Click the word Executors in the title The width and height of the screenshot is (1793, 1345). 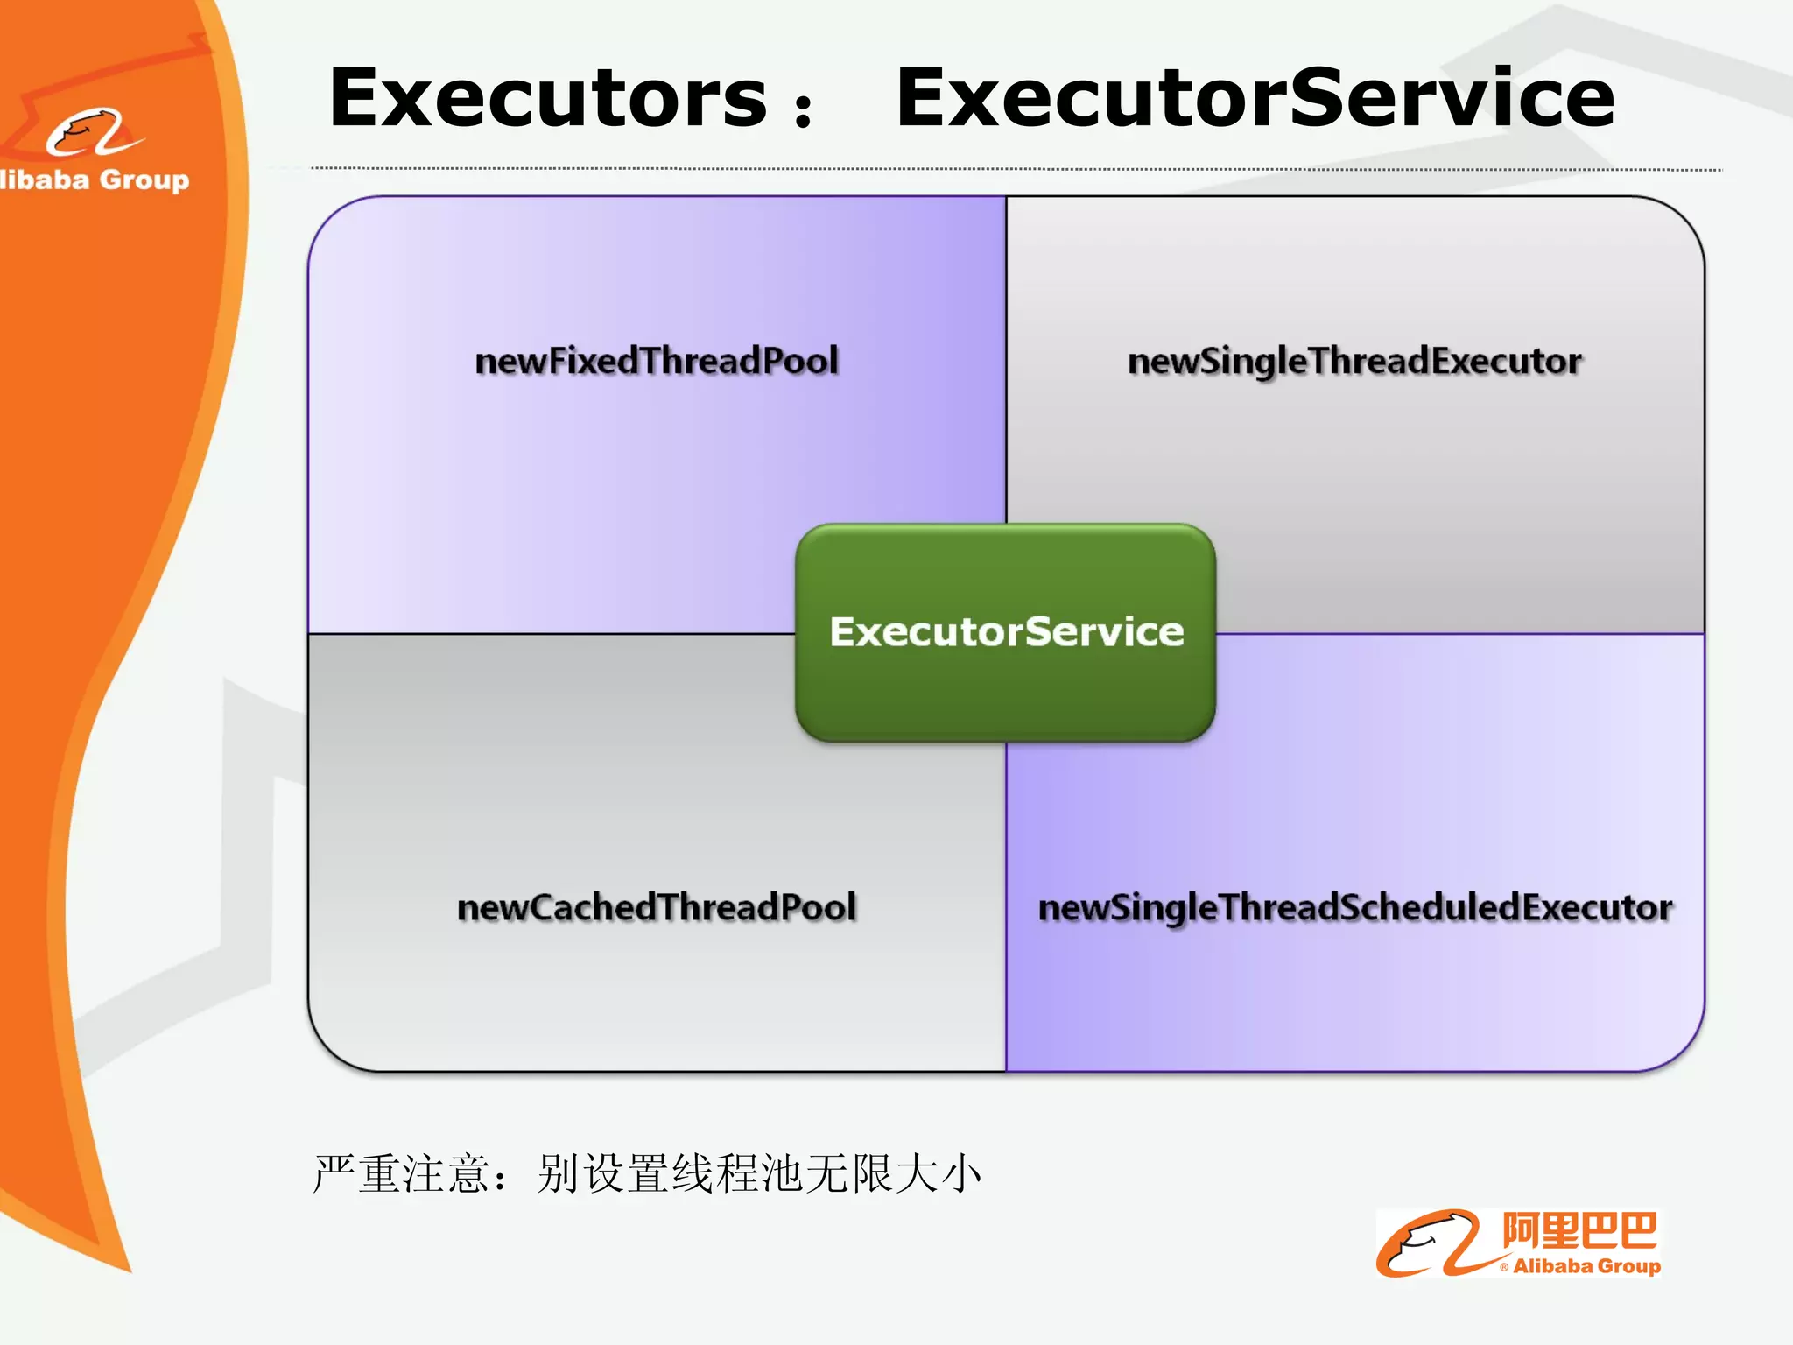(x=547, y=98)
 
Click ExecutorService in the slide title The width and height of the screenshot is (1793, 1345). (x=1255, y=98)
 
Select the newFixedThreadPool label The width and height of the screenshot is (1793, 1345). (x=657, y=361)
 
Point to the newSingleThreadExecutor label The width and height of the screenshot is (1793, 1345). (x=1354, y=361)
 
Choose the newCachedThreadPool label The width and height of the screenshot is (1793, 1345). (x=657, y=907)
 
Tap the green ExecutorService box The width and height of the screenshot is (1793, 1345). (x=1006, y=632)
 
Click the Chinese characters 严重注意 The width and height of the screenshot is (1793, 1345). (x=401, y=1173)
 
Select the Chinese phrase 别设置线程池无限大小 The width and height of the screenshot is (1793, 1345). (x=759, y=1173)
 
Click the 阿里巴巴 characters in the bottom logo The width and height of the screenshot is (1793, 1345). (x=1579, y=1230)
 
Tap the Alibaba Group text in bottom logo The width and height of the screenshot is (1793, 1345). (x=1586, y=1266)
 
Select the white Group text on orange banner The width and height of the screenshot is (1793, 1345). (x=144, y=180)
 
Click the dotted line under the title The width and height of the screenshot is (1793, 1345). (x=1016, y=168)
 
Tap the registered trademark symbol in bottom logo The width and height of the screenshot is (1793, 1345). (x=1504, y=1267)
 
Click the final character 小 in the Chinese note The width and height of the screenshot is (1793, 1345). (x=960, y=1173)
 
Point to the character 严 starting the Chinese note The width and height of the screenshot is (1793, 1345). (x=334, y=1173)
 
